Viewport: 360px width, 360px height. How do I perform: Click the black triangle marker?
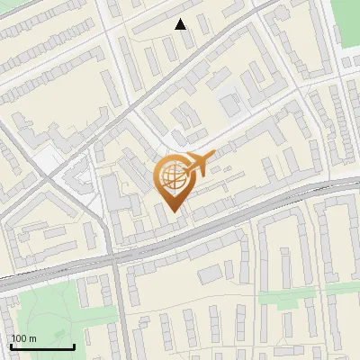click(x=181, y=24)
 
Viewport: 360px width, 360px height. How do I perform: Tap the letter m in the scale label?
click(x=33, y=338)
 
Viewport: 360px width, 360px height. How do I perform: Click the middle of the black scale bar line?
click(x=42, y=346)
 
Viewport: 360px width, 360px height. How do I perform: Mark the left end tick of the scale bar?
click(x=11, y=345)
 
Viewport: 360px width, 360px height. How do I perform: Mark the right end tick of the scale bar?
click(x=74, y=345)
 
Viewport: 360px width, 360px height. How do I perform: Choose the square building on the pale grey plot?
click(x=230, y=105)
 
